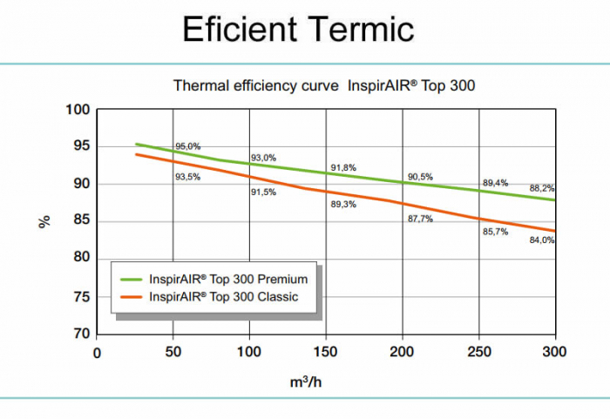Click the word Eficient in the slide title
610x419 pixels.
(234, 30)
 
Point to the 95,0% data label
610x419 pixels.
(188, 146)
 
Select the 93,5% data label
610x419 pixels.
(188, 177)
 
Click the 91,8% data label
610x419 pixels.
(343, 167)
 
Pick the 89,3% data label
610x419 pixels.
(343, 205)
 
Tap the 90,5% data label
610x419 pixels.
(420, 177)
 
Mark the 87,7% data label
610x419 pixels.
(420, 219)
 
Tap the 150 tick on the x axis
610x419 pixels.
(326, 352)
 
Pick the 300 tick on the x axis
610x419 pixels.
(554, 352)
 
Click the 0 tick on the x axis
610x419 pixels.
(97, 352)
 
